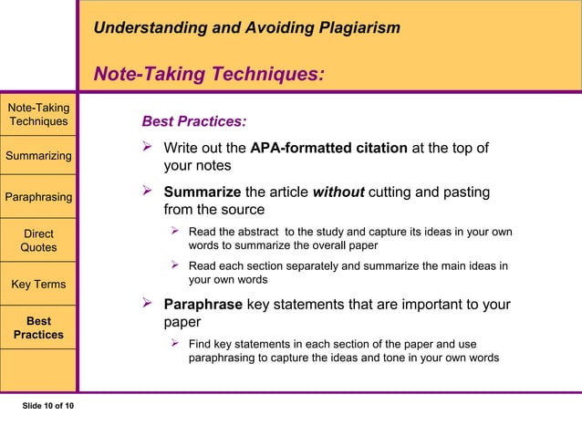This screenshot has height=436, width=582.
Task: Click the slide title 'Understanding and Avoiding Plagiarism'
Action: pyautogui.click(x=246, y=28)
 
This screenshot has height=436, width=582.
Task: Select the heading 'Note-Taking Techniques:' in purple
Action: pyautogui.click(x=210, y=73)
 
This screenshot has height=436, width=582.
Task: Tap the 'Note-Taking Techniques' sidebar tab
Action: pyautogui.click(x=38, y=115)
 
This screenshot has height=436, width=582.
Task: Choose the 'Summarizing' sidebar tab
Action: pyautogui.click(x=38, y=155)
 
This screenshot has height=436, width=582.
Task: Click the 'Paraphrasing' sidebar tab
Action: pyautogui.click(x=38, y=196)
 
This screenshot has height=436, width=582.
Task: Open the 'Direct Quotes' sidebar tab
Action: pyautogui.click(x=38, y=240)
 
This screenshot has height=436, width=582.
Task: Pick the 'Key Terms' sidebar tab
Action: pyautogui.click(x=38, y=284)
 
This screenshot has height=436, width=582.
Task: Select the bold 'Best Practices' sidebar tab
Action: pyautogui.click(x=38, y=327)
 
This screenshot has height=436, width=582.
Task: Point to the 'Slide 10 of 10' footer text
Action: pyautogui.click(x=48, y=405)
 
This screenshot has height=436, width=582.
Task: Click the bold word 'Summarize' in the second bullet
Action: pyautogui.click(x=202, y=192)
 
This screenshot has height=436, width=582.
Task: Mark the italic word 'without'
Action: pyautogui.click(x=339, y=192)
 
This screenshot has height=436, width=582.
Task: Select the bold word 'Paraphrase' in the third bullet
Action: pyautogui.click(x=203, y=304)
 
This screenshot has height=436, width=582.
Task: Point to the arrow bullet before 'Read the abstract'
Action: pyautogui.click(x=177, y=232)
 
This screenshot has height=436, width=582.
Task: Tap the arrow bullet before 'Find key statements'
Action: pyautogui.click(x=177, y=344)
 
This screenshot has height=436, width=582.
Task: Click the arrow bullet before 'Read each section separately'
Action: pyautogui.click(x=177, y=265)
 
